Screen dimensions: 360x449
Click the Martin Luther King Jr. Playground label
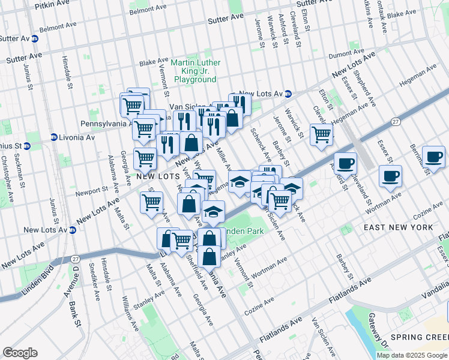click(x=195, y=71)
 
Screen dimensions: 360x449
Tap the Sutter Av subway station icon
click(x=35, y=38)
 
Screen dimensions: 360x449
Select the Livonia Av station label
click(x=76, y=137)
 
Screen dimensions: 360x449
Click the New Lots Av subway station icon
click(x=288, y=94)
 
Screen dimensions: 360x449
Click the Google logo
click(x=20, y=353)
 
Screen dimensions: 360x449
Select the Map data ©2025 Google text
click(x=411, y=355)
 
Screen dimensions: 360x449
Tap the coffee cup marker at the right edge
click(x=433, y=157)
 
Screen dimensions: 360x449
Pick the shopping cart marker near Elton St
click(x=321, y=134)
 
